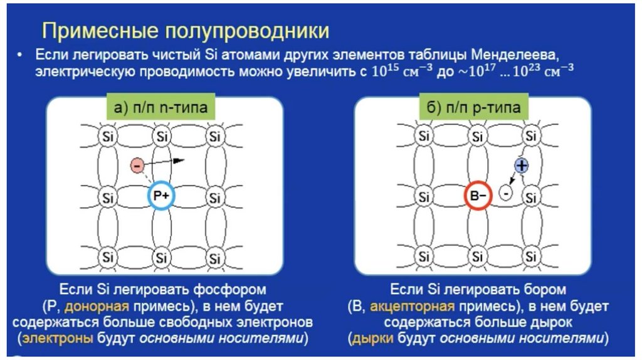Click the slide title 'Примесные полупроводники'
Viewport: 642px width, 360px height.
click(x=185, y=30)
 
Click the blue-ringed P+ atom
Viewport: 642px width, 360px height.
click(x=162, y=196)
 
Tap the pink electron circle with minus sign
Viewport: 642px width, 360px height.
click(x=137, y=166)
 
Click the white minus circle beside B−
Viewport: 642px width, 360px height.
click(x=506, y=193)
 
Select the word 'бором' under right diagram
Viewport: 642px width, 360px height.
click(x=548, y=290)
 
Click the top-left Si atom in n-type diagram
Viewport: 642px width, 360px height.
click(x=108, y=136)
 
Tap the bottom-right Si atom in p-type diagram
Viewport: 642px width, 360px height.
click(x=532, y=257)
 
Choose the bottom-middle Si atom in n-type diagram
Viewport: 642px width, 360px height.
click(x=162, y=257)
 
